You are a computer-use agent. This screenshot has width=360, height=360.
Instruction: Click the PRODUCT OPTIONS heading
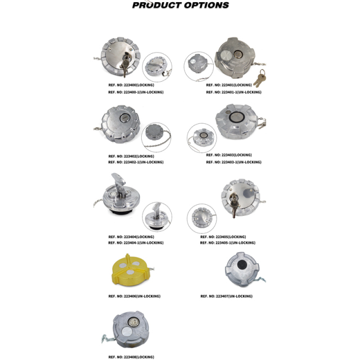(180, 6)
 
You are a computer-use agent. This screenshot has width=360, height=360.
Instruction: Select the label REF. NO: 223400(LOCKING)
(130, 85)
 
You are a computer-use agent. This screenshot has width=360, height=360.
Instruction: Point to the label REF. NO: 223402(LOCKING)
(130, 156)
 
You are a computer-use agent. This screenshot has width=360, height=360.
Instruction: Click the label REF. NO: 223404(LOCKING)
(130, 237)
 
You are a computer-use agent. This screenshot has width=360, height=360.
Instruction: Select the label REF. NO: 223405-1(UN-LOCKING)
(228, 243)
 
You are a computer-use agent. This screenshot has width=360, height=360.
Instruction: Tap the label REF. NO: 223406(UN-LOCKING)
(134, 296)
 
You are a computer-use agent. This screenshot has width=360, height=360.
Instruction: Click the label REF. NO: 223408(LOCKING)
(130, 357)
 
